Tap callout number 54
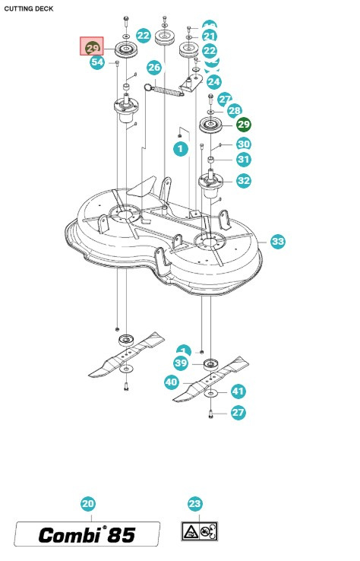pyautogui.click(x=97, y=63)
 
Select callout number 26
pyautogui.click(x=154, y=68)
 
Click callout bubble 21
pyautogui.click(x=209, y=36)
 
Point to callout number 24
pyautogui.click(x=213, y=81)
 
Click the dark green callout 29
pyautogui.click(x=243, y=125)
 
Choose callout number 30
pyautogui.click(x=243, y=144)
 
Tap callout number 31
pyautogui.click(x=243, y=160)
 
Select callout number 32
pyautogui.click(x=243, y=181)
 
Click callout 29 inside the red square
pyautogui.click(x=93, y=47)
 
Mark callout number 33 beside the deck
pyautogui.click(x=278, y=242)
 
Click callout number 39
pyautogui.click(x=181, y=363)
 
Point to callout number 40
pyautogui.click(x=172, y=383)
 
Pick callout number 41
pyautogui.click(x=238, y=391)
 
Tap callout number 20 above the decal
pyautogui.click(x=88, y=504)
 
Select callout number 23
pyautogui.click(x=195, y=504)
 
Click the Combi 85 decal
pyautogui.click(x=88, y=534)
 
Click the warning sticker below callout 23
pyautogui.click(x=200, y=531)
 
